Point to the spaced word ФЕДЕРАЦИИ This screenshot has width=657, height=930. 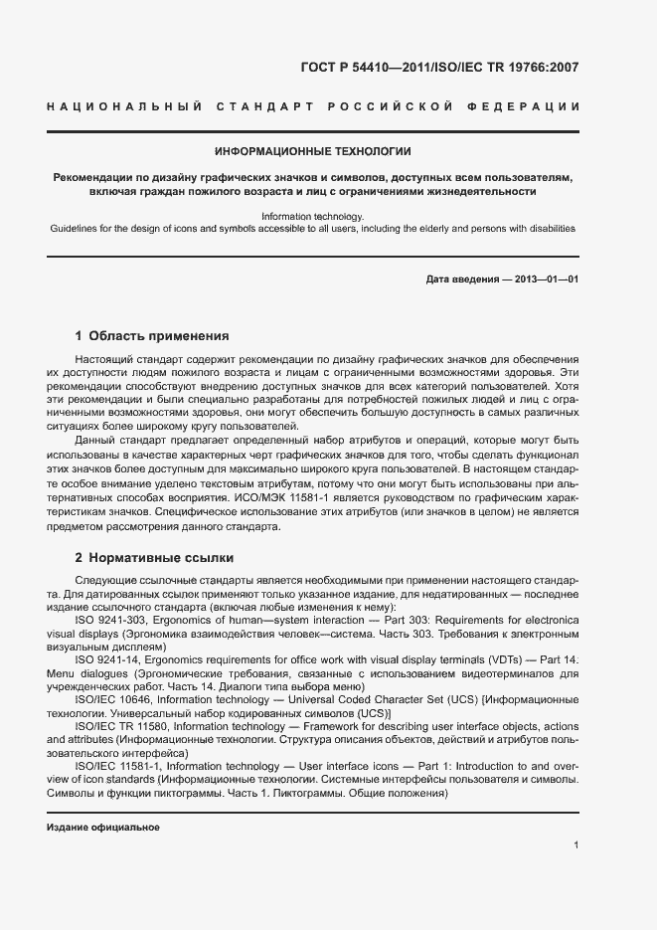[x=526, y=106]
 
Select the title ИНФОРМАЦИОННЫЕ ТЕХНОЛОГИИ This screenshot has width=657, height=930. [x=313, y=152]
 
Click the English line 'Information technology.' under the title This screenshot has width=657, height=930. [x=313, y=216]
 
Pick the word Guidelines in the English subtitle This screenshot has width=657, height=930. [x=73, y=229]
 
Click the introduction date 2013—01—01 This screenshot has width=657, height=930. [x=546, y=279]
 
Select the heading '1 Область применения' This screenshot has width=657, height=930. [x=152, y=336]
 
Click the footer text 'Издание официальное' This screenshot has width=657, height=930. [x=103, y=828]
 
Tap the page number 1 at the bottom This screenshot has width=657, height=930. [x=575, y=845]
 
